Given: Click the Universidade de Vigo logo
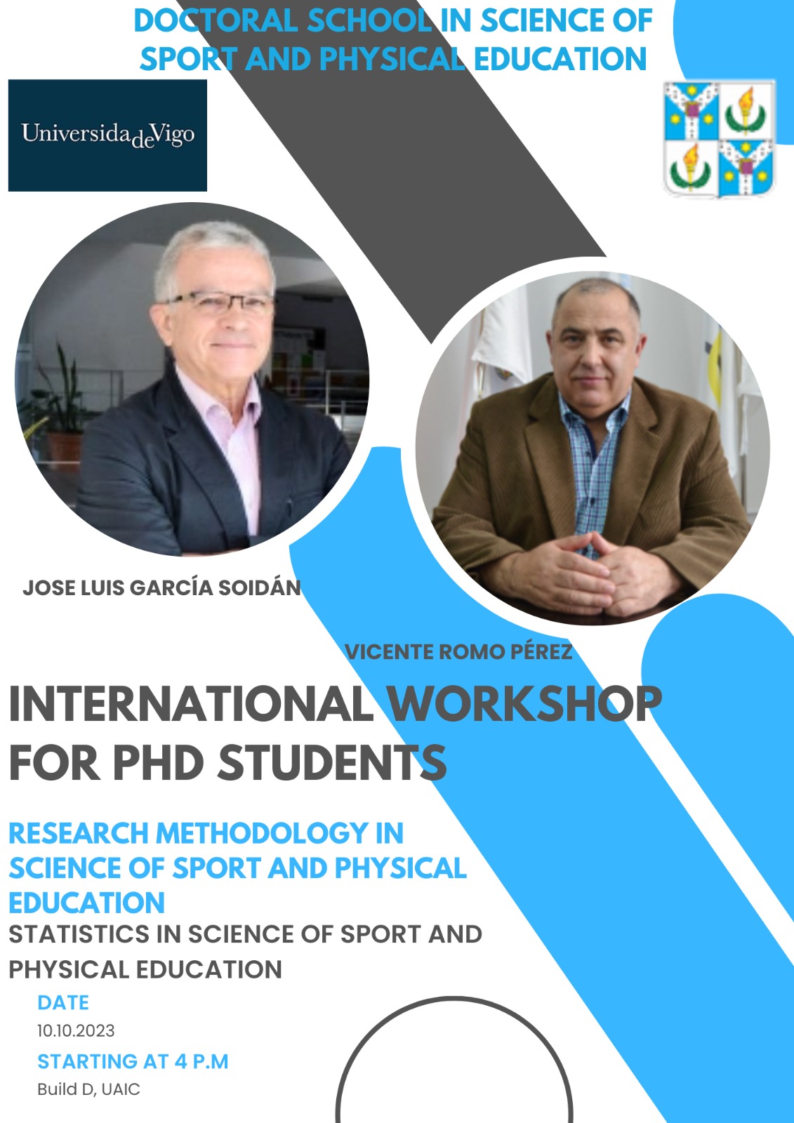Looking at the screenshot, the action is pos(107,135).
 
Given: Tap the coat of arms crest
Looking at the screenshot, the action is pos(720,138).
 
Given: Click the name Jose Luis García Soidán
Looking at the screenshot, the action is pos(161,587).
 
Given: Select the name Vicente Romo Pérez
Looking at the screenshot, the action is pos(458,652).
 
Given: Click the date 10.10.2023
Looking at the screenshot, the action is pos(76,1031).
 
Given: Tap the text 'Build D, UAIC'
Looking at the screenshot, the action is pos(88,1089).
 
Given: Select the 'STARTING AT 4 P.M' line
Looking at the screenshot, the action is pos(133,1061).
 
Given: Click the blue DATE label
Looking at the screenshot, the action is pos(63,1002).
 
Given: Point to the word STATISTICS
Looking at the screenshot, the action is pos(79,934).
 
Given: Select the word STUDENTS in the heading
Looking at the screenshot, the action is pos(331,762).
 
